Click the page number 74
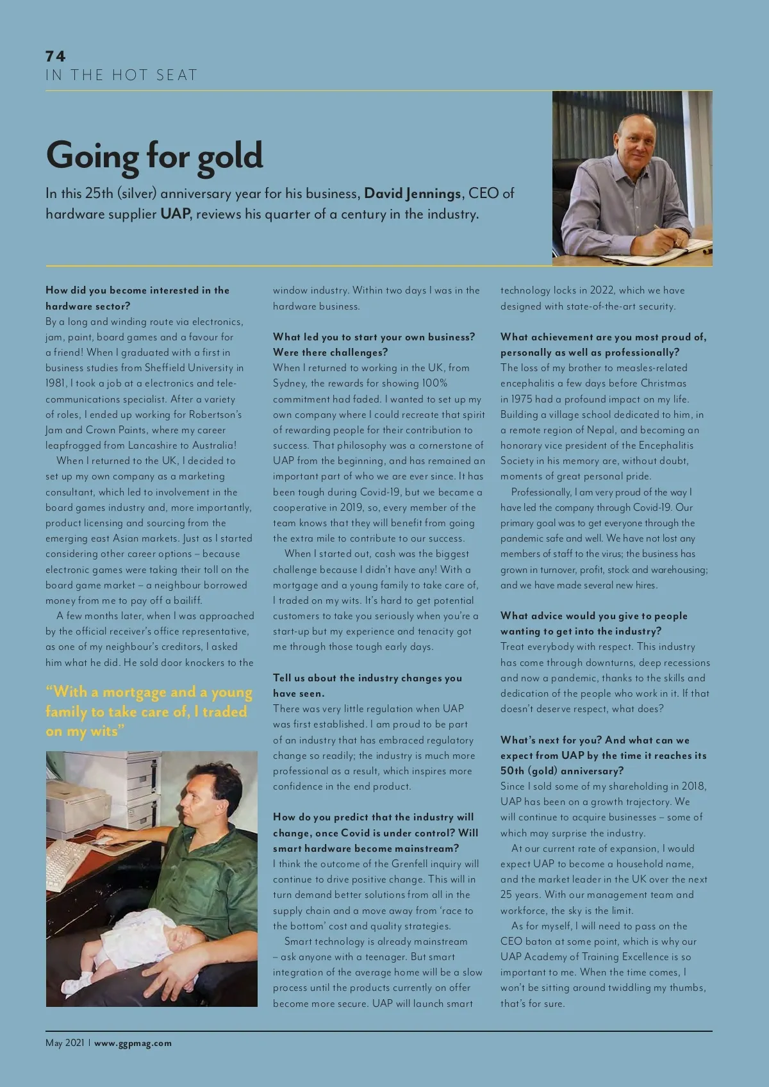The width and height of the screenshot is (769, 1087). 56,56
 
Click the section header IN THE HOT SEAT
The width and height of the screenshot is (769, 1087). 121,76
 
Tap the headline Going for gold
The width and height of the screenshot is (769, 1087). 154,156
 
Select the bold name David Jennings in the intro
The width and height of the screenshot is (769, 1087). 413,194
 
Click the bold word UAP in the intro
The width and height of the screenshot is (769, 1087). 175,214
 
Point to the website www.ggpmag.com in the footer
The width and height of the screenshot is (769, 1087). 133,1043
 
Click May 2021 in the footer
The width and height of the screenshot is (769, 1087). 65,1043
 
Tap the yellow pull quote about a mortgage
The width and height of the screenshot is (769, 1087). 149,711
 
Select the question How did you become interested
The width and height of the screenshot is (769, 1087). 137,298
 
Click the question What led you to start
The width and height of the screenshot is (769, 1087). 374,344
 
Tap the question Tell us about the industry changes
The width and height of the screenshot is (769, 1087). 367,685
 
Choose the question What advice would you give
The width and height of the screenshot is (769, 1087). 593,623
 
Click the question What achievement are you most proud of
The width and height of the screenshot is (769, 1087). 603,344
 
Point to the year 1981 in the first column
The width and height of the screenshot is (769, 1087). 56,383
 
